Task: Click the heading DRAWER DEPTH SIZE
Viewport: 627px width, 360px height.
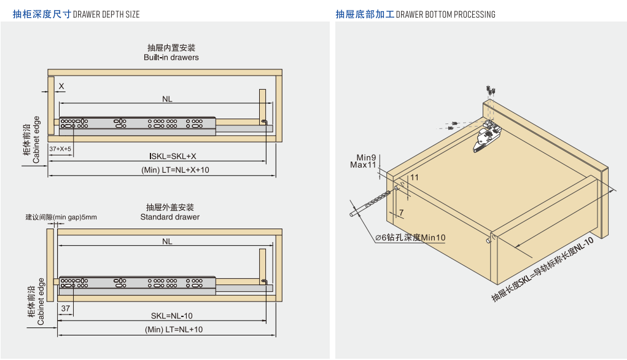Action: [x=106, y=14]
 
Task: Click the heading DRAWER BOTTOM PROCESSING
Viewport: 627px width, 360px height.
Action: [x=445, y=14]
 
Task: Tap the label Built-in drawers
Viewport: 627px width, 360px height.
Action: [x=171, y=58]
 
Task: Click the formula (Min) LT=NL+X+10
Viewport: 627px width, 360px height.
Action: [x=175, y=170]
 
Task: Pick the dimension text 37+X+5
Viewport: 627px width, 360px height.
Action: [x=60, y=149]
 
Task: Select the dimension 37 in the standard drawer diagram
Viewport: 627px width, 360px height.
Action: [x=66, y=308]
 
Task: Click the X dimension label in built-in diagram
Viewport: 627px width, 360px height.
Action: [x=61, y=86]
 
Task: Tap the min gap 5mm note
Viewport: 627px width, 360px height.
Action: [x=61, y=217]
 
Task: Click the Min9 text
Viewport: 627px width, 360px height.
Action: [x=366, y=158]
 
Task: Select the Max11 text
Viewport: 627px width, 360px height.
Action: [x=363, y=165]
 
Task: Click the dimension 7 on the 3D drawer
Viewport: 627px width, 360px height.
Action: [x=401, y=213]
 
